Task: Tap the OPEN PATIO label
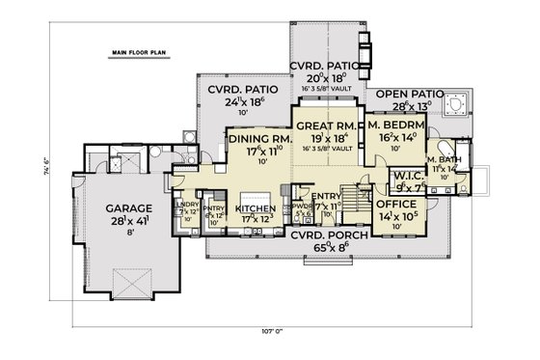410,95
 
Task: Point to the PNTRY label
213,207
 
